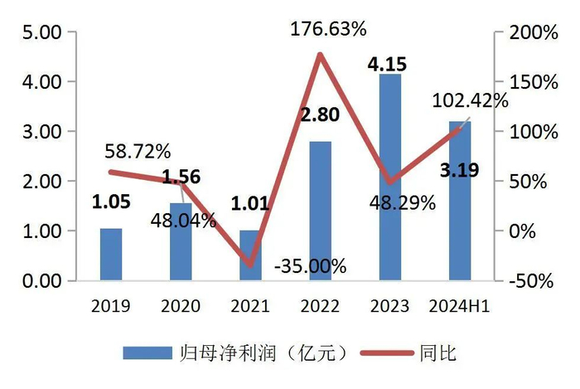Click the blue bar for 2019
pyautogui.click(x=111, y=254)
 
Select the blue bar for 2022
pyautogui.click(x=320, y=211)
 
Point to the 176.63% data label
pyautogui.click(x=328, y=30)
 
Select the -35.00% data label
pyautogui.click(x=310, y=266)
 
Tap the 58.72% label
pyautogui.click(x=138, y=151)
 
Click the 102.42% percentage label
pyautogui.click(x=470, y=101)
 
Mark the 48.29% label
pyautogui.click(x=403, y=202)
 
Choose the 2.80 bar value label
pyautogui.click(x=319, y=114)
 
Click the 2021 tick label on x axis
pyautogui.click(x=250, y=307)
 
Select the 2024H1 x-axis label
pyautogui.click(x=459, y=307)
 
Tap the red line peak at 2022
pyautogui.click(x=320, y=55)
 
